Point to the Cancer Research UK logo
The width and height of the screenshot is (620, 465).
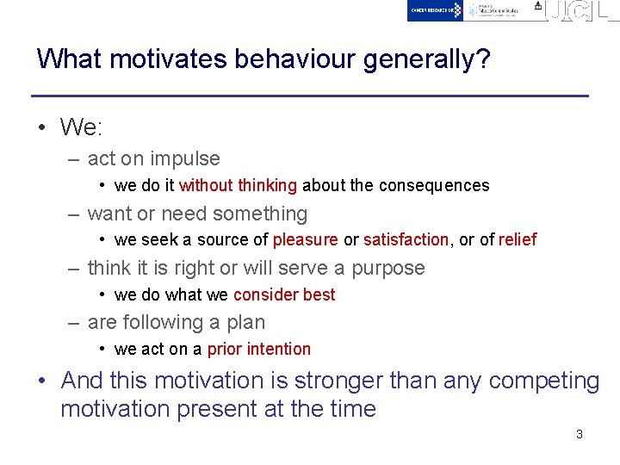[x=436, y=10]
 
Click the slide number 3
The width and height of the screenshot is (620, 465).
[x=579, y=434]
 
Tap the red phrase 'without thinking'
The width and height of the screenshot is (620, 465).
[x=238, y=185]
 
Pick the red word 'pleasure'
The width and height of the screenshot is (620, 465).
[x=306, y=239]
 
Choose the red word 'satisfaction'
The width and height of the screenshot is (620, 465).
[x=406, y=239]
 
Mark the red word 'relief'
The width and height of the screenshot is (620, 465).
[x=517, y=239]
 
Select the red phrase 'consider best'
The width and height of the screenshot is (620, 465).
[x=284, y=294]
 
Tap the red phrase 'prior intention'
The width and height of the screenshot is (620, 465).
[x=259, y=349]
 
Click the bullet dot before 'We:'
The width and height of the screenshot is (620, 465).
[x=42, y=128]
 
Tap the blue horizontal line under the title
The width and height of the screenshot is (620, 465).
[x=310, y=95]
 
